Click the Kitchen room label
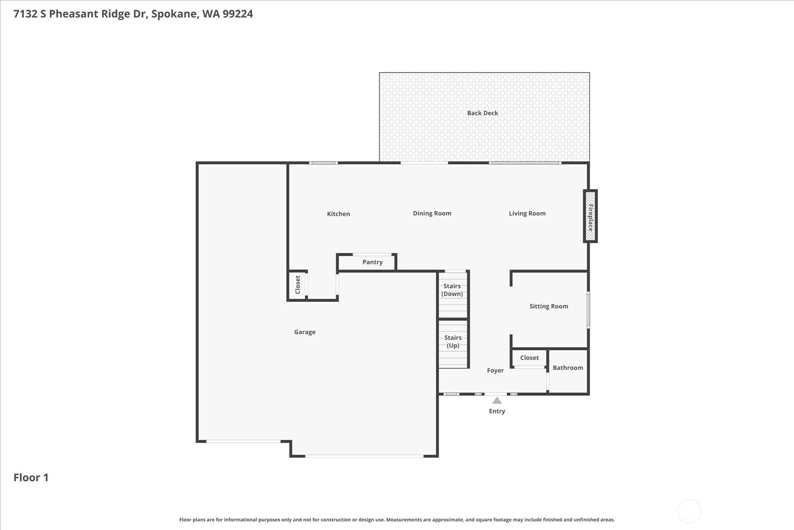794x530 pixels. (338, 214)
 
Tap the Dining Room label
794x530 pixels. (432, 214)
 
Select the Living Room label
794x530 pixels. (527, 214)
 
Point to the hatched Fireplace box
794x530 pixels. (590, 216)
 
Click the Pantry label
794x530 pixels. (372, 262)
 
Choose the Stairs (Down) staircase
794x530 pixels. (453, 295)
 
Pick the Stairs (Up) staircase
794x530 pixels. (453, 344)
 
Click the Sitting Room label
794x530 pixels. (548, 306)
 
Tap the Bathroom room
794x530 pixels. (568, 371)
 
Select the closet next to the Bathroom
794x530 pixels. (529, 358)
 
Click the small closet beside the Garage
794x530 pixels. (297, 285)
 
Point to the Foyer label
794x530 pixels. (495, 371)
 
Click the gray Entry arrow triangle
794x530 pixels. (497, 401)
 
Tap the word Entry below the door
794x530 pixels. (497, 411)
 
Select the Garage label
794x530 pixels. (304, 332)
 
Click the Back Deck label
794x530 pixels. (482, 113)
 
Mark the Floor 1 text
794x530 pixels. (31, 478)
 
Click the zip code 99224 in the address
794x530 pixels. (238, 14)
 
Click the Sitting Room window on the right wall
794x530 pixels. (588, 310)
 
